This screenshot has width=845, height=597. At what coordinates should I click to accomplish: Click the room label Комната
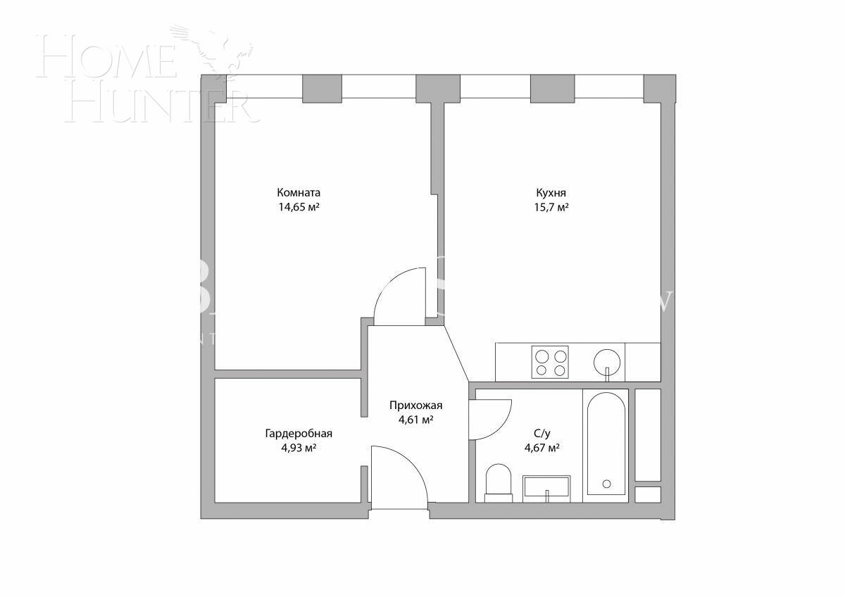299,192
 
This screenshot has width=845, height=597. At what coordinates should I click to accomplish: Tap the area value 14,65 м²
299,207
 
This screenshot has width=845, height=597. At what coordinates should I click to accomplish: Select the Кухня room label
551,192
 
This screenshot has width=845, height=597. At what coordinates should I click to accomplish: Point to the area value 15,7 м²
551,207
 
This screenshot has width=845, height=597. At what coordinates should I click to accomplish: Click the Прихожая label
415,405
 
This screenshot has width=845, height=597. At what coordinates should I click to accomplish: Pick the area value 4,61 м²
415,420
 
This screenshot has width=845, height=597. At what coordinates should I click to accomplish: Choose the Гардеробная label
298,433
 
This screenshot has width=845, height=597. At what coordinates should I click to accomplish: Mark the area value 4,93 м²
298,448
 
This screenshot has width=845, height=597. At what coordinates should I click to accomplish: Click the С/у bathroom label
542,433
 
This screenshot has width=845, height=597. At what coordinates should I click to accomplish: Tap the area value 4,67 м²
542,448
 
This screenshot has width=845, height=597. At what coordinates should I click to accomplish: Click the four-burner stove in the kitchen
550,363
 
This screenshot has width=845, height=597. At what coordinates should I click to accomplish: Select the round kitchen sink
608,363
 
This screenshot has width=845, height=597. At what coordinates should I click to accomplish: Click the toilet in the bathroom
499,482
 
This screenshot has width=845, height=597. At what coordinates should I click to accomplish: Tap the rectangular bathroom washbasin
546,487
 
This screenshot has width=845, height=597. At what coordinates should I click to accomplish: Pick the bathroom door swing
489,419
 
